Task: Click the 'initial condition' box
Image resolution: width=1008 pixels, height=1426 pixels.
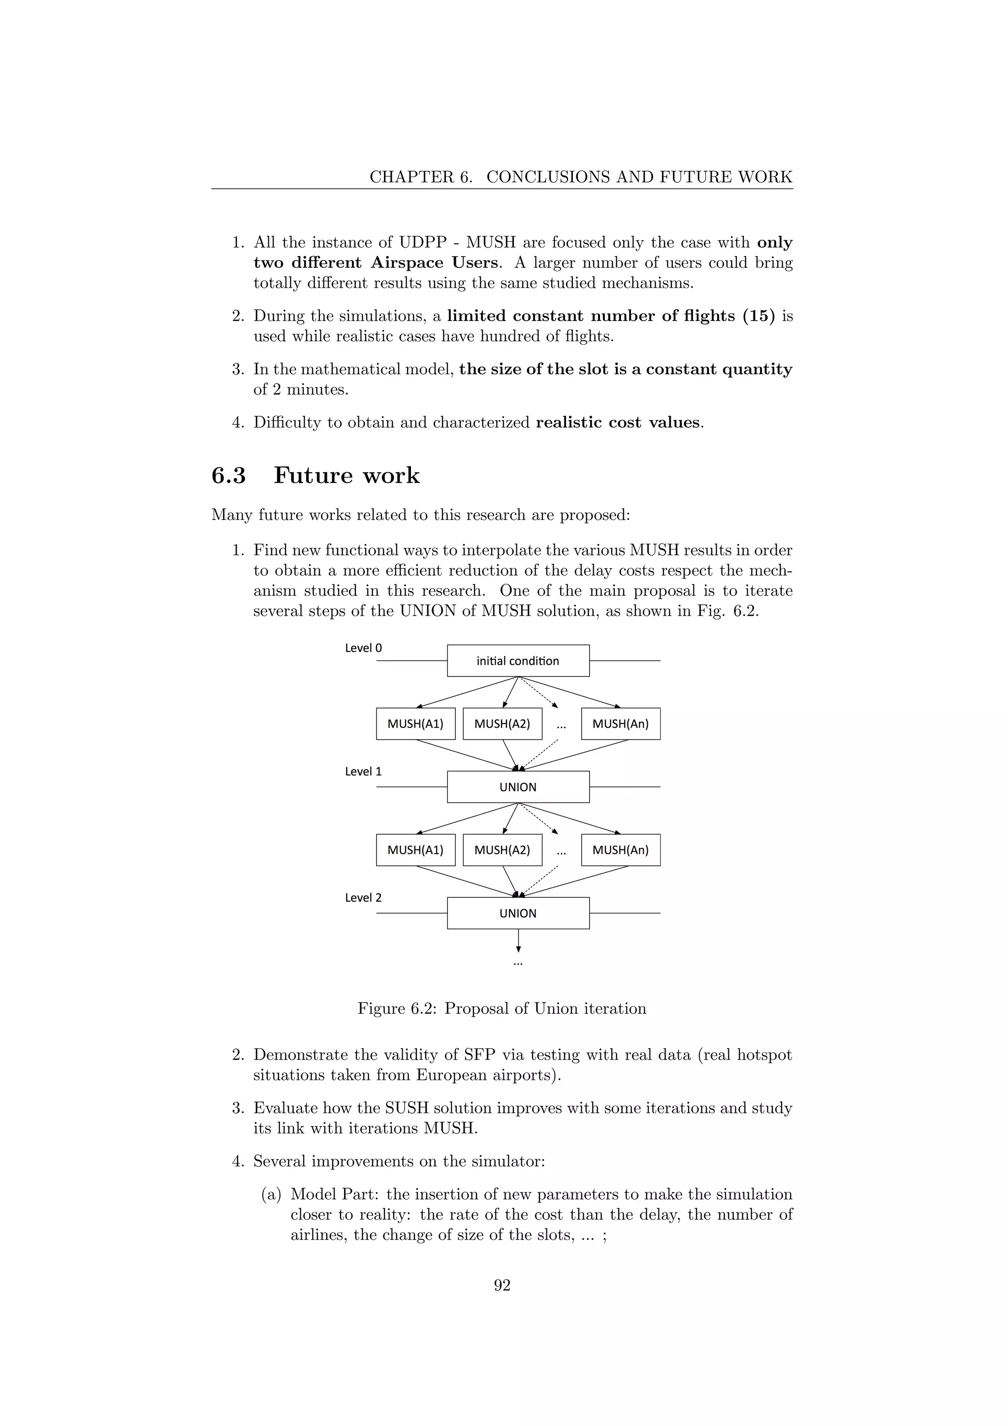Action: [x=518, y=661]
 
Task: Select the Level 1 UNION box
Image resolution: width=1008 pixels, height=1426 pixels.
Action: [x=518, y=787]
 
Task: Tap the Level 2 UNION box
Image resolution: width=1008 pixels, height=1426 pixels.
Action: [x=518, y=913]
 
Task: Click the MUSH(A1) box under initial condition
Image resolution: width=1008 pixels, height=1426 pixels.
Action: [x=415, y=723]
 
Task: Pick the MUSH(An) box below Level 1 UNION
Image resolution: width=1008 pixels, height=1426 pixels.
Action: [x=620, y=849]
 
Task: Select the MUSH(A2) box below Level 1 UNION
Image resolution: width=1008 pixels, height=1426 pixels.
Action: [x=502, y=849]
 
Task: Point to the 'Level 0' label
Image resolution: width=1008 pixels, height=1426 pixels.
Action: [x=363, y=648]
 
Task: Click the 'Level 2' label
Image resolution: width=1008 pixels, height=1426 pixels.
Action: [x=363, y=898]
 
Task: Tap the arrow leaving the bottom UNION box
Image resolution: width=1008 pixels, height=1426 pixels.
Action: [x=518, y=941]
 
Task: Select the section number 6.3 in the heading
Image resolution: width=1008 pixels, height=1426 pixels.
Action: [x=228, y=476]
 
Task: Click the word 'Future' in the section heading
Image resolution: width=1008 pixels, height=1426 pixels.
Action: [x=314, y=476]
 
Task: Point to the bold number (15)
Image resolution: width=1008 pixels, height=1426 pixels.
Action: [x=758, y=316]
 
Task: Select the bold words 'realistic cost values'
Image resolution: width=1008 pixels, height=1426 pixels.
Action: [x=618, y=422]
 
